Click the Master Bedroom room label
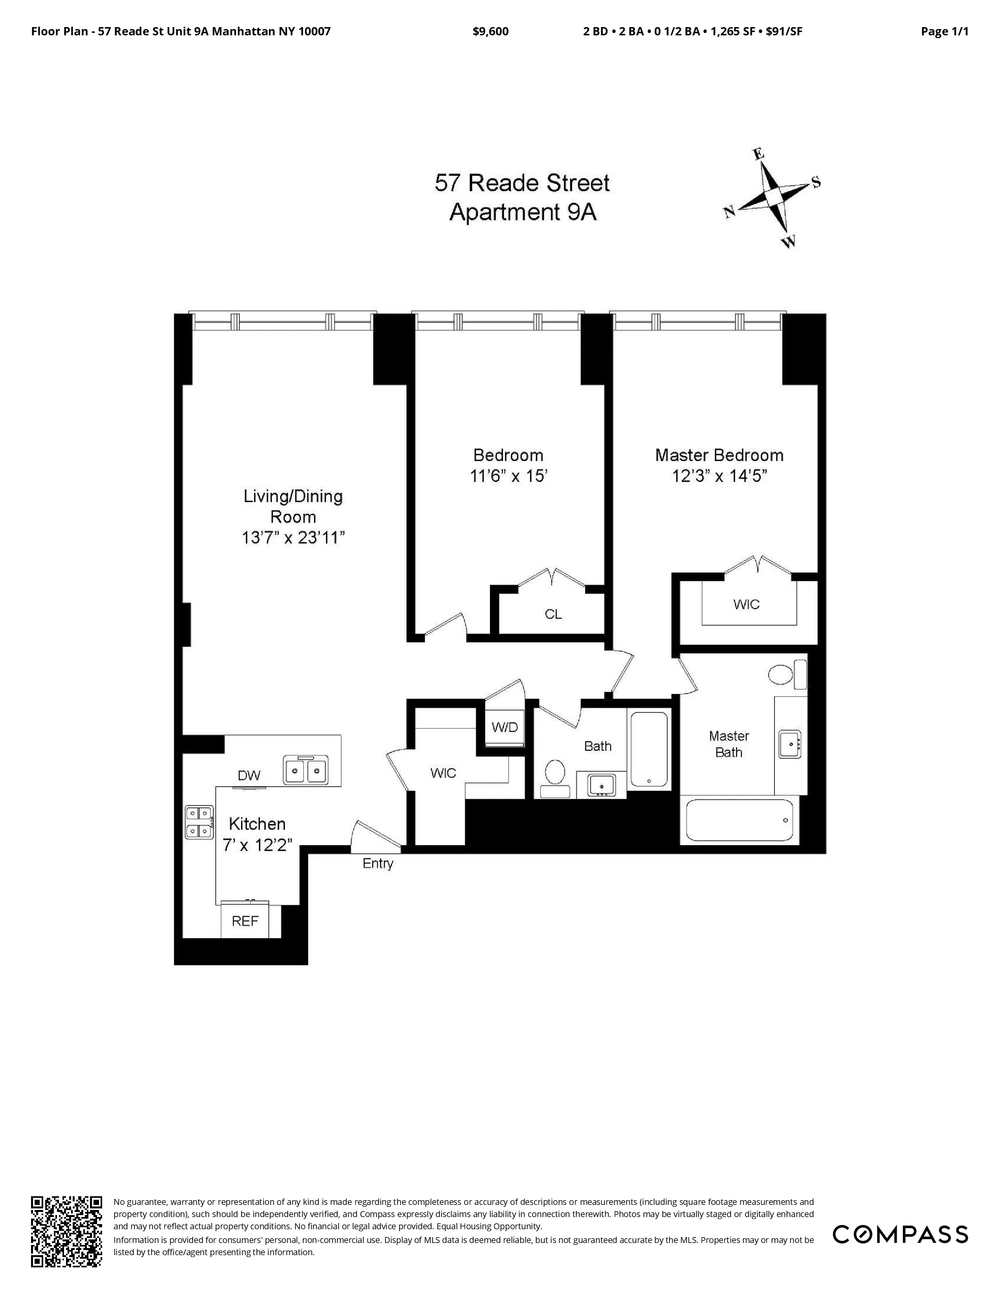(719, 455)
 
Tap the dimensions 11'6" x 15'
(508, 476)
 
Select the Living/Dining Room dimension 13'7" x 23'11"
(293, 538)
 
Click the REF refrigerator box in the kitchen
(244, 921)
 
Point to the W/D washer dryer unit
(505, 727)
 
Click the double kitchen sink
(306, 770)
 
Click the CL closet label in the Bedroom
(553, 614)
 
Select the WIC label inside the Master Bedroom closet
(746, 604)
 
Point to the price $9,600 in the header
(490, 31)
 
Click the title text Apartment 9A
(522, 212)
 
